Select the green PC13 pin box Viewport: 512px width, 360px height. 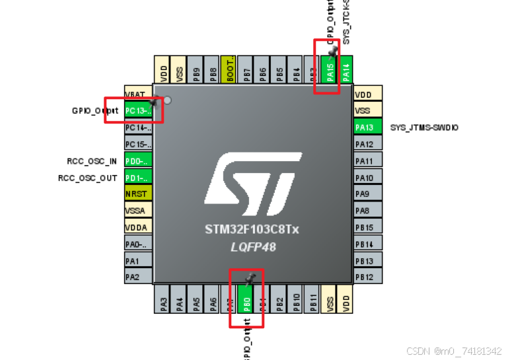coord(138,110)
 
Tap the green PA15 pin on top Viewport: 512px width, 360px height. coord(331,69)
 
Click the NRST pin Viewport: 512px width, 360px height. coord(138,194)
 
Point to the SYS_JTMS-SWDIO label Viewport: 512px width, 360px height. coord(424,127)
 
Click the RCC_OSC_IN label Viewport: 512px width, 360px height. coord(92,161)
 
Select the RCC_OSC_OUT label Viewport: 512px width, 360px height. coord(88,178)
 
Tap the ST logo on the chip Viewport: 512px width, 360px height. coord(252,184)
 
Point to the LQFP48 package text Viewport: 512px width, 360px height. coord(252,247)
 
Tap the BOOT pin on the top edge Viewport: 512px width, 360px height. coord(229,69)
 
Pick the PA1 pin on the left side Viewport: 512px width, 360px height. coord(138,261)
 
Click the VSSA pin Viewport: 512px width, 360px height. coord(138,211)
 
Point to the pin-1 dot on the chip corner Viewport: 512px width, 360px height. coord(167,100)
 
